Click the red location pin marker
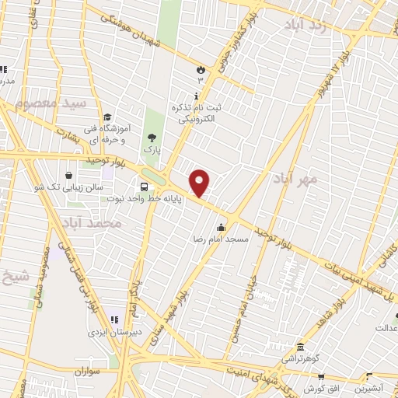click(x=201, y=183)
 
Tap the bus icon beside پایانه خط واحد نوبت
click(x=144, y=187)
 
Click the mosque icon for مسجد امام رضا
click(x=222, y=228)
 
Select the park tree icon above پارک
click(x=151, y=135)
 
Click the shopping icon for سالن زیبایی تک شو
click(x=72, y=175)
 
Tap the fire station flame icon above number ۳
click(x=200, y=68)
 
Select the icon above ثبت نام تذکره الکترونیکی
click(x=195, y=95)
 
